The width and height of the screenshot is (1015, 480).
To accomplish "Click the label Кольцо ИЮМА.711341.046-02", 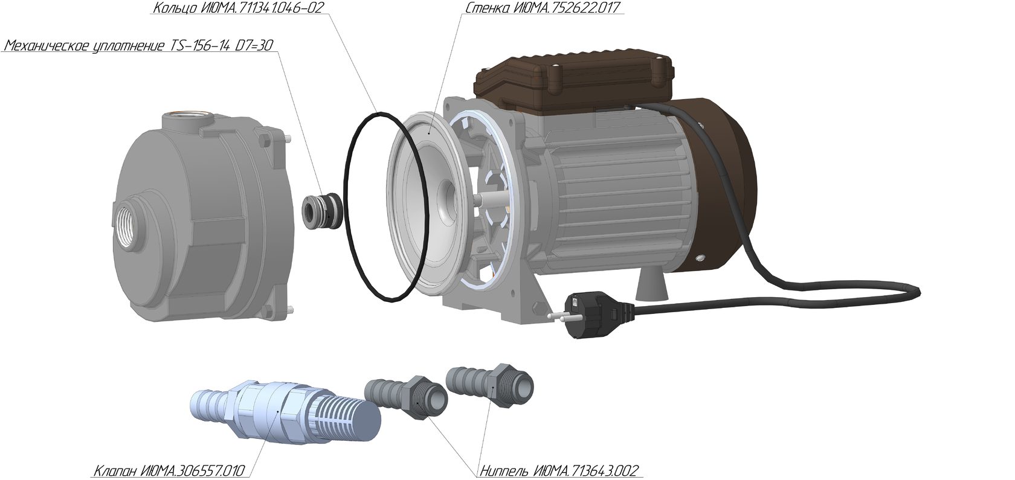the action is pos(238,8).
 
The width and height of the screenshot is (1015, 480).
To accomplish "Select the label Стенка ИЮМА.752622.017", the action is pos(542,8).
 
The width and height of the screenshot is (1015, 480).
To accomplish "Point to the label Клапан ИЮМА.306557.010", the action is pos(169,470).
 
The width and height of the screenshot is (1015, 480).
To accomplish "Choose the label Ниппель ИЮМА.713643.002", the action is pos(559,470).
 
